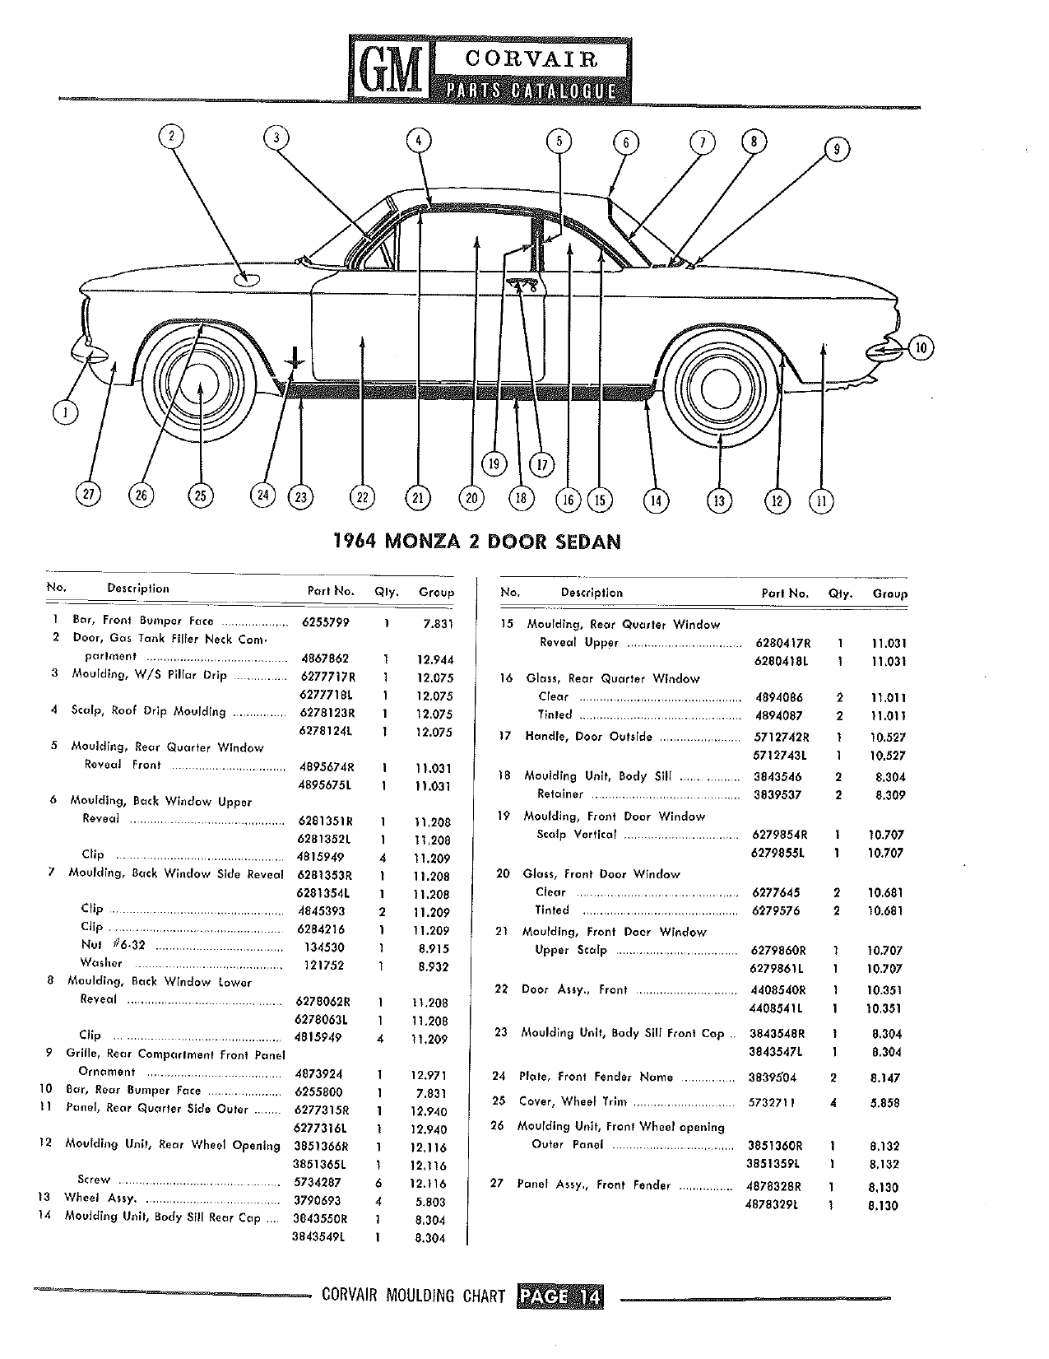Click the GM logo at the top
coord(390,70)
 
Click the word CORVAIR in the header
coord(531,59)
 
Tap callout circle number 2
coord(171,136)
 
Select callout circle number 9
coord(837,149)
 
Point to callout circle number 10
coord(921,347)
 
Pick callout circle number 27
coord(88,494)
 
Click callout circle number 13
coord(719,500)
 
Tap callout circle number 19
coord(494,463)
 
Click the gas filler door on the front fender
coord(246,279)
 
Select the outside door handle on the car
coord(522,285)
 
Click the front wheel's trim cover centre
coord(199,384)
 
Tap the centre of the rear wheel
coord(720,388)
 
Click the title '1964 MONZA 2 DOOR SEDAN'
coord(478,541)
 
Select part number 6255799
coord(325,622)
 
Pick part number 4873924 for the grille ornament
coord(319,1074)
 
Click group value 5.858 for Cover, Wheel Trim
coord(884,1102)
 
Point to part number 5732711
coord(772,1102)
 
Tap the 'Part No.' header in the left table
coord(331,591)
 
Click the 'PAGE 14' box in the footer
coord(560,1296)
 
